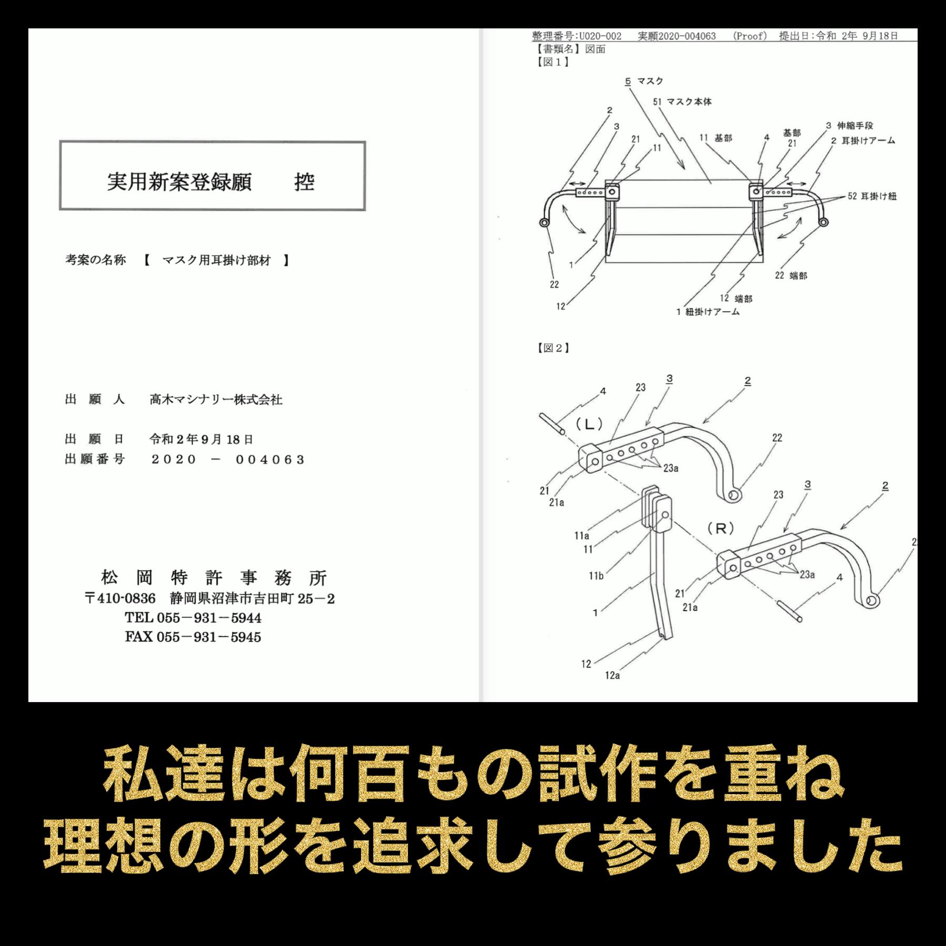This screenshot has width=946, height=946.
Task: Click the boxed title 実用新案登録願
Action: pyautogui.click(x=179, y=182)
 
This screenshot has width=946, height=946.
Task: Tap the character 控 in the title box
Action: pyautogui.click(x=304, y=182)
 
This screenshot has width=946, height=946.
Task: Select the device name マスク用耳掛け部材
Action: pyautogui.click(x=217, y=260)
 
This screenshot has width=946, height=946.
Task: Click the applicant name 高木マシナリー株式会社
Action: pyautogui.click(x=216, y=400)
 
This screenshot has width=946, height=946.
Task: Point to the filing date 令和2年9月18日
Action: pyautogui.click(x=201, y=439)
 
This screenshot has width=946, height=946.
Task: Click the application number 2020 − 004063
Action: pyautogui.click(x=228, y=460)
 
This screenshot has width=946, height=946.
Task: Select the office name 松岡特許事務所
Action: pyautogui.click(x=214, y=578)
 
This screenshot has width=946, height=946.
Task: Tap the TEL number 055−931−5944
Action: pyautogui.click(x=209, y=618)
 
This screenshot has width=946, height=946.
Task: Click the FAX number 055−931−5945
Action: pyautogui.click(x=209, y=637)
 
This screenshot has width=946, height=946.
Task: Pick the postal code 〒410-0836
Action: pyautogui.click(x=120, y=599)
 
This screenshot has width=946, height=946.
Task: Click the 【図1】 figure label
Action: pyautogui.click(x=553, y=62)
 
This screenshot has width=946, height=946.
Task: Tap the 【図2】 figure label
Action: pyautogui.click(x=553, y=348)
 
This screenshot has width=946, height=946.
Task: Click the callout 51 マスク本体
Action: pyautogui.click(x=682, y=102)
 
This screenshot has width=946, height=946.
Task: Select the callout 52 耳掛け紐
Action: pyautogui.click(x=872, y=197)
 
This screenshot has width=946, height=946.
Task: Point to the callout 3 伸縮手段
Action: pyautogui.click(x=849, y=126)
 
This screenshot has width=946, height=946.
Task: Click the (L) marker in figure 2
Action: pyautogui.click(x=589, y=425)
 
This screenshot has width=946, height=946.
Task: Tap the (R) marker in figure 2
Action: pyautogui.click(x=721, y=529)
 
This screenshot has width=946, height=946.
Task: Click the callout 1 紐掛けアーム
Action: pyautogui.click(x=707, y=312)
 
